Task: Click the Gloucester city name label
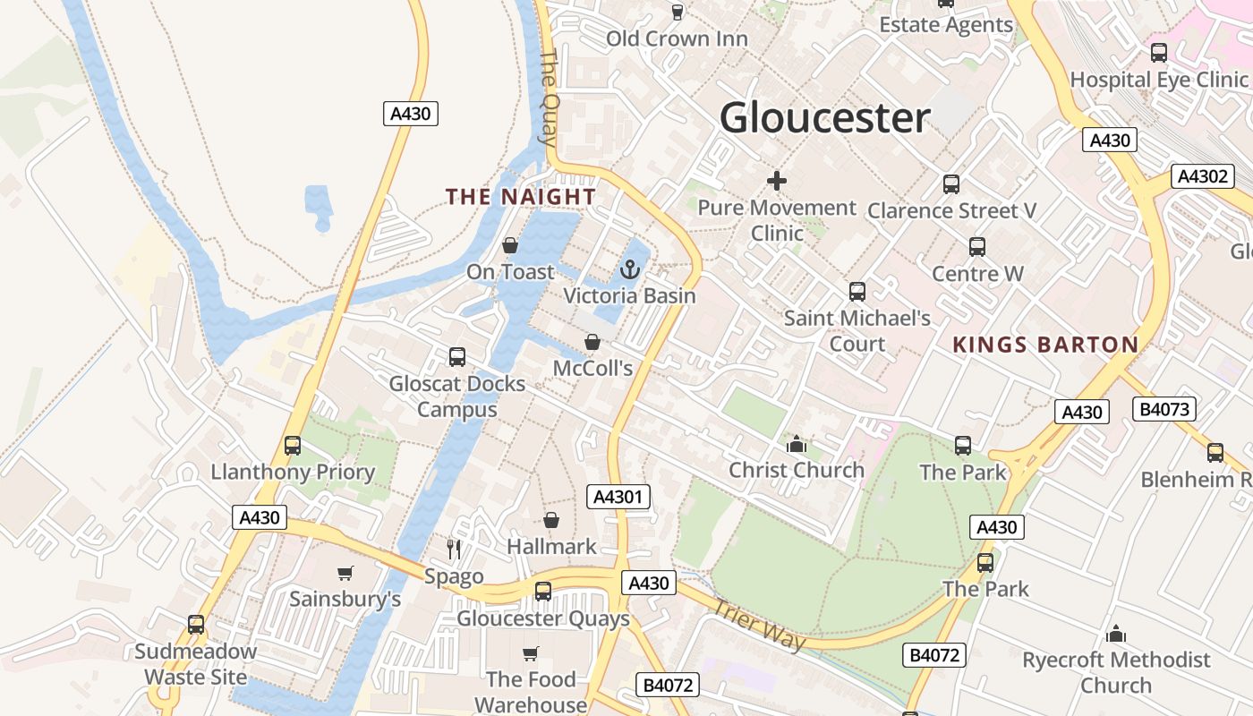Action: [824, 118]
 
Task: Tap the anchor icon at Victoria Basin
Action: [630, 268]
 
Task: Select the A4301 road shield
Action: [618, 497]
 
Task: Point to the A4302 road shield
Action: [1203, 176]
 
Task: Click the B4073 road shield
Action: [1164, 410]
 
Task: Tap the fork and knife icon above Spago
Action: [454, 549]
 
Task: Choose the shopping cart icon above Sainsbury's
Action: [345, 573]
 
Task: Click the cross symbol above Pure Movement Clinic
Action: [777, 182]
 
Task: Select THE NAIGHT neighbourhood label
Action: [521, 197]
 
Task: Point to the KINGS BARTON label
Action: [1045, 345]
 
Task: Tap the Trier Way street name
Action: [759, 624]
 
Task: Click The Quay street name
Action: [549, 97]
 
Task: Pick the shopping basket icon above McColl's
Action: [592, 342]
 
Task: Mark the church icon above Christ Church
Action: [796, 444]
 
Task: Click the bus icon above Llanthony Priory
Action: [293, 446]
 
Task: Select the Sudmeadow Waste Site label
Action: [196, 664]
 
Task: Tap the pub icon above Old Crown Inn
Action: [678, 13]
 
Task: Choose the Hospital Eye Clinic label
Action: [1158, 80]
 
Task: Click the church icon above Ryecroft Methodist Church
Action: [1116, 635]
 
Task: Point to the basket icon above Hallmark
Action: [551, 520]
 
